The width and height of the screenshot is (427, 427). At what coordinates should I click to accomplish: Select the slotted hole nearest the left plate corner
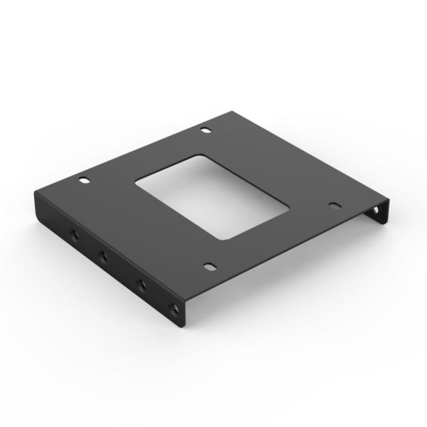83,179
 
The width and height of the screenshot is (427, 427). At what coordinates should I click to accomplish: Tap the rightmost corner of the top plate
388,201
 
